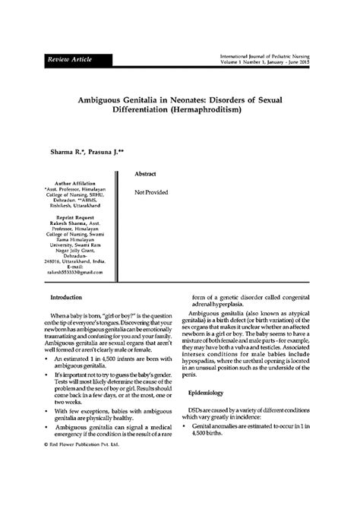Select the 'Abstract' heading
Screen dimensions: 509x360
[145, 174]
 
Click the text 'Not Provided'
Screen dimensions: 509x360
[151, 192]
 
